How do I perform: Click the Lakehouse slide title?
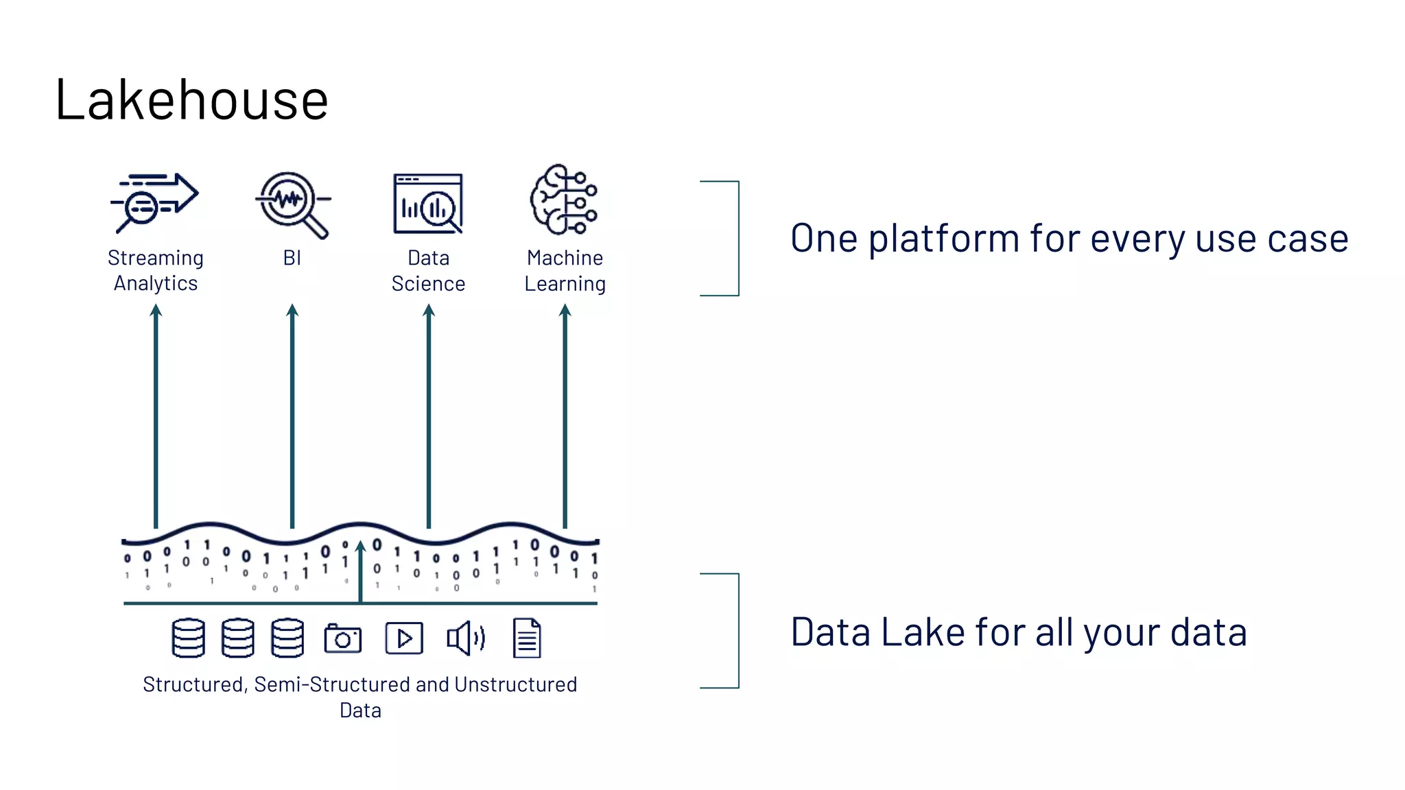coord(191,100)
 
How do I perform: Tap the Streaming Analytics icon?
coord(155,202)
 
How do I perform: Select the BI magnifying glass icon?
coord(292,204)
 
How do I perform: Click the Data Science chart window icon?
coord(428,204)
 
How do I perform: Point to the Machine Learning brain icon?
coord(564,200)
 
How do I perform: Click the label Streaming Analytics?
coord(156,270)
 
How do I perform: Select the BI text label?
coord(292,258)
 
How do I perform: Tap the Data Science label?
coord(428,270)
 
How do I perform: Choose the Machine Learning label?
coord(565,270)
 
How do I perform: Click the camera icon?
coord(342,638)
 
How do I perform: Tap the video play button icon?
coord(404,638)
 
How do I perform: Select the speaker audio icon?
coord(466,638)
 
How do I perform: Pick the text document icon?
coord(527,638)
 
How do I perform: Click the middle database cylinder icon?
coord(238,638)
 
